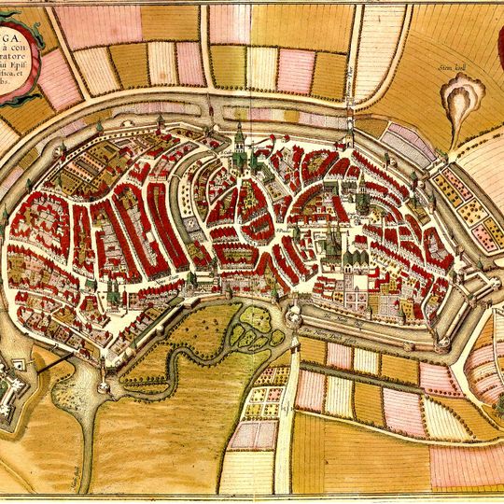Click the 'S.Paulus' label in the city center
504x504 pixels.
point(284,224)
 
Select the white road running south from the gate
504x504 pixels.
point(285,420)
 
